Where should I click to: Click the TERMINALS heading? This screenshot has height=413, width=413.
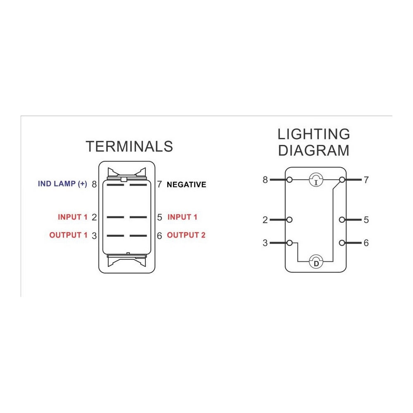(x=129, y=147)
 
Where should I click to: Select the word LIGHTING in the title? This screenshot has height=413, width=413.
(x=314, y=134)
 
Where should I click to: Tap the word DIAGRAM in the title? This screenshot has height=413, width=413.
(x=314, y=150)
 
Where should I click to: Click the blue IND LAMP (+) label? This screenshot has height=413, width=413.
(x=62, y=184)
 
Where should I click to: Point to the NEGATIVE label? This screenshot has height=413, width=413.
(x=187, y=185)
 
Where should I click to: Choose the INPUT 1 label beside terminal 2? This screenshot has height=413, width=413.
(x=72, y=217)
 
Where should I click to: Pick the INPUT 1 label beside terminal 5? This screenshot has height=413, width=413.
(x=182, y=217)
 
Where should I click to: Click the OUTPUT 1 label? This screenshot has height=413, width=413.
(x=68, y=235)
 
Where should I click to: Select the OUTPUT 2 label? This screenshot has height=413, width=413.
(x=186, y=235)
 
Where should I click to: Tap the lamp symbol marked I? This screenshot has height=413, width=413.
(x=316, y=180)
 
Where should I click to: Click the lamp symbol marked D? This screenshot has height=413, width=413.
(x=316, y=261)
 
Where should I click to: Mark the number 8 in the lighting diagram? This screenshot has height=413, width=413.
(x=265, y=180)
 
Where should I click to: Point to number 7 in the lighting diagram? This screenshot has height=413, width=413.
(x=366, y=180)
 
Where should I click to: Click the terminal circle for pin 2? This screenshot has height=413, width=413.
(x=289, y=220)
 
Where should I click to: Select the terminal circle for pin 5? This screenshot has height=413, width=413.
(x=342, y=220)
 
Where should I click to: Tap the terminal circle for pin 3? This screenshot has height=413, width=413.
(x=289, y=243)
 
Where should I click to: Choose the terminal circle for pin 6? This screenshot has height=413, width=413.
(x=342, y=243)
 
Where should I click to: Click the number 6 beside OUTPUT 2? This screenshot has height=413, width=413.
(x=159, y=236)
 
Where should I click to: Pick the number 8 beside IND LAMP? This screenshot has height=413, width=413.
(x=94, y=184)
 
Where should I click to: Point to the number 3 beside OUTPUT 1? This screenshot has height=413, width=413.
(x=94, y=236)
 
